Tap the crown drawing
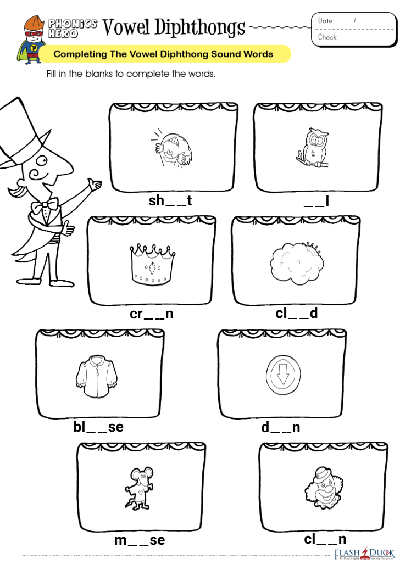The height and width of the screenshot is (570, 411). [x=152, y=265]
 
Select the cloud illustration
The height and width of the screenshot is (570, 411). [x=297, y=264]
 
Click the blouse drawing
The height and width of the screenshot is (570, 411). [x=96, y=377]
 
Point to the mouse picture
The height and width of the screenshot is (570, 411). [x=140, y=488]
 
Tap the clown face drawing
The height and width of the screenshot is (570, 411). [x=324, y=488]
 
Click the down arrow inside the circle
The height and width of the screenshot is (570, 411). [x=282, y=375]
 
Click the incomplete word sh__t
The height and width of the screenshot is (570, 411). [x=170, y=200]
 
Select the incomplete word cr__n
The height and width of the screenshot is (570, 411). [x=151, y=314]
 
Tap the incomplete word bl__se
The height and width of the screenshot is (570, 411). [x=98, y=427]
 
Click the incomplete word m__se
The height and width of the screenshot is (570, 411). [x=140, y=540]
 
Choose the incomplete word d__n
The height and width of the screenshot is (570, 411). [x=281, y=427]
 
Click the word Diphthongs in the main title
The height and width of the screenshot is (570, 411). [x=199, y=27]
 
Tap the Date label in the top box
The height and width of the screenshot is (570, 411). [x=326, y=21]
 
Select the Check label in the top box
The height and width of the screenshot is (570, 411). [x=327, y=37]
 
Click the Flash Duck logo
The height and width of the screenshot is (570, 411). [x=364, y=554]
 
